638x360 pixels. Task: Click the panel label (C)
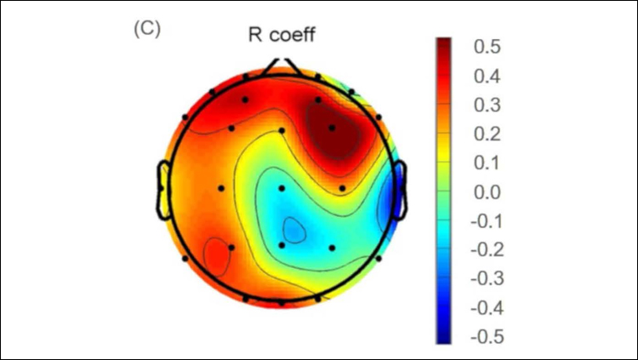click(147, 28)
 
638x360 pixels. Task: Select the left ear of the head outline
click(165, 187)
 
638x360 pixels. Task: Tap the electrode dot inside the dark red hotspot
click(332, 129)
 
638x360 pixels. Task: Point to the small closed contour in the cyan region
click(293, 228)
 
